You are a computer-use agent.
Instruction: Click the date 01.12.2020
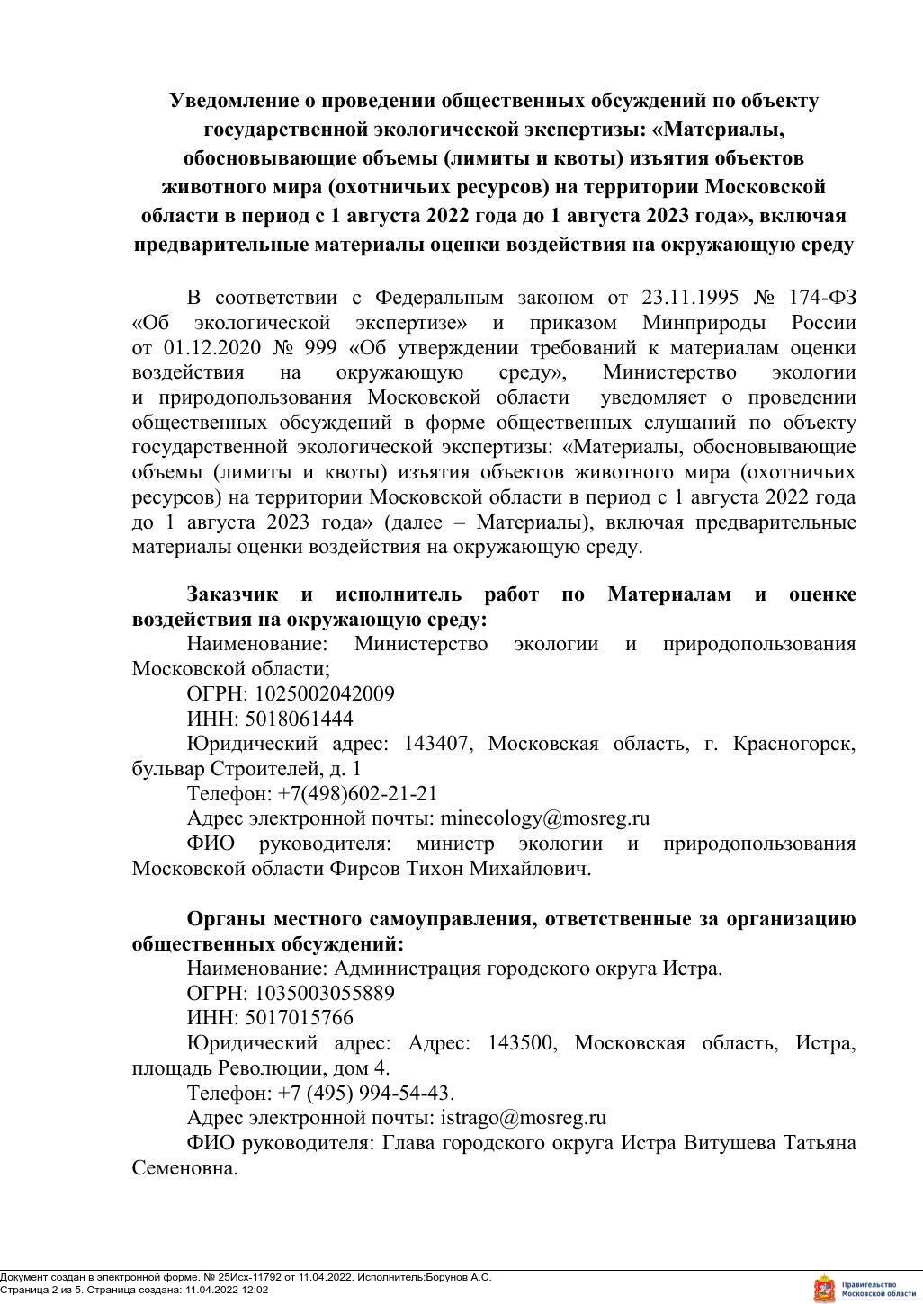[212, 348]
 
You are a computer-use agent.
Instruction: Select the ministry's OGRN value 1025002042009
[325, 694]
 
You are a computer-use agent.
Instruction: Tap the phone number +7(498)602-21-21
[357, 794]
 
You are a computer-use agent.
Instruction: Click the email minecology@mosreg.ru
[543, 819]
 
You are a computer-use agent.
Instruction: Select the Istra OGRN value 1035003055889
[325, 994]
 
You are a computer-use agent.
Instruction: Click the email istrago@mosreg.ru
[522, 1119]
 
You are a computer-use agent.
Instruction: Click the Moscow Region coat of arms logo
[823, 1288]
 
